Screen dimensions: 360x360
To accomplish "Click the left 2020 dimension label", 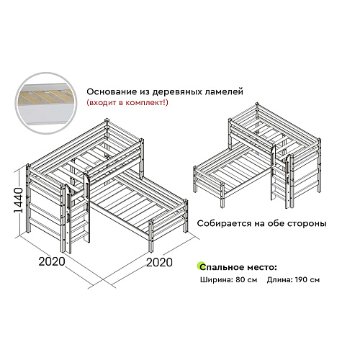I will tap(51, 262).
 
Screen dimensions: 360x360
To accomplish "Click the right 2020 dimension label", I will tap(158, 262).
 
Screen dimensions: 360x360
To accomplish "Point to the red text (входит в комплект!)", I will tap(127, 104).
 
